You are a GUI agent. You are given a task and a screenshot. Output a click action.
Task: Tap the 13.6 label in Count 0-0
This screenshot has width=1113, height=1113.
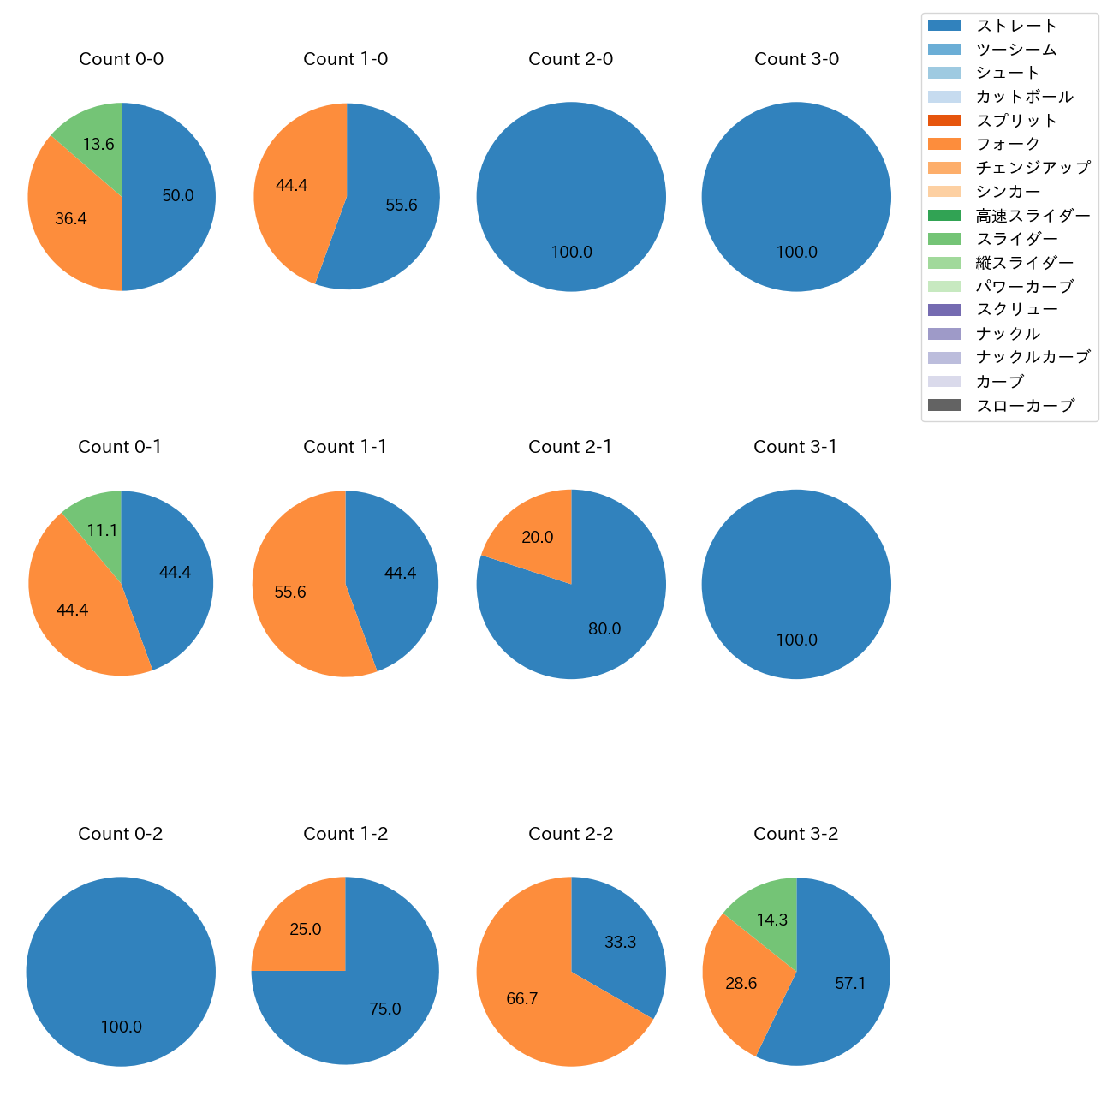(x=98, y=145)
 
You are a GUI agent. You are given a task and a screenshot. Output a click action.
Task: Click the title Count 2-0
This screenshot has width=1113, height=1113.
(x=570, y=59)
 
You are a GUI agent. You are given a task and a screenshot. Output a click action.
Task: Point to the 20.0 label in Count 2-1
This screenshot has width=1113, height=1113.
(x=537, y=538)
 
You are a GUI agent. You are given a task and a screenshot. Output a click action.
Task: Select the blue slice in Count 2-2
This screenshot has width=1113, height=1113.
(x=621, y=942)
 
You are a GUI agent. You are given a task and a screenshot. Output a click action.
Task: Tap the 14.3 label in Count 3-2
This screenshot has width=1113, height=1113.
(x=771, y=920)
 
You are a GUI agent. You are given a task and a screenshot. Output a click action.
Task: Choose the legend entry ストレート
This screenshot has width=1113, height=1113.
(x=1016, y=26)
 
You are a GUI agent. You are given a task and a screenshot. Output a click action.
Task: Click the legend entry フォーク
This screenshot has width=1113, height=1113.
(x=1008, y=144)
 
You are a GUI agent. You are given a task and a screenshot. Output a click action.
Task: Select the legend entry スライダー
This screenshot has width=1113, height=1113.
(x=1016, y=239)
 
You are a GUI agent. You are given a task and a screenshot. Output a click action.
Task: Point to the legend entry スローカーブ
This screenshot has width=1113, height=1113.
(x=1025, y=406)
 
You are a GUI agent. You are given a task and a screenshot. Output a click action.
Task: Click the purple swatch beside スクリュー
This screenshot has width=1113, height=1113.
(x=944, y=310)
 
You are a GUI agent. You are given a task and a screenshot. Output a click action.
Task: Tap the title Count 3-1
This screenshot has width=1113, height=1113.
(x=795, y=447)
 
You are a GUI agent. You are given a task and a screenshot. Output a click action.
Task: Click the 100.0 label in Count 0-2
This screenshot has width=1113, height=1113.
(x=122, y=1027)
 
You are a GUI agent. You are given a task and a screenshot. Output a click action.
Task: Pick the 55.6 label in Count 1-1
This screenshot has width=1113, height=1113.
(x=290, y=592)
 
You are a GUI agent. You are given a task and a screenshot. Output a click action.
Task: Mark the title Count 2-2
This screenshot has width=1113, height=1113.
(x=570, y=834)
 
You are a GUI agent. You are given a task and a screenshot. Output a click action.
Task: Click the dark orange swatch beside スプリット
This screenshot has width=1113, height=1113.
(x=944, y=121)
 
